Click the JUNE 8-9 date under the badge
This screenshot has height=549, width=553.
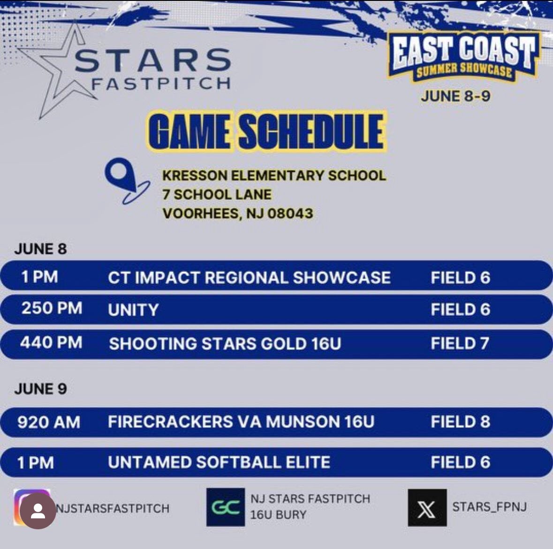pos(455,96)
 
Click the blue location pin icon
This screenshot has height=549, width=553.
pos(123,179)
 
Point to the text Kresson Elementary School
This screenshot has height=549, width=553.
pos(274,176)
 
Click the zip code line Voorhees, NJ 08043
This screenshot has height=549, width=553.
pos(237,213)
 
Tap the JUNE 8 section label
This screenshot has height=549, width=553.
pos(40,249)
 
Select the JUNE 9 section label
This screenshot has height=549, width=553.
pos(40,389)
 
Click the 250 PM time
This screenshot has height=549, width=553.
pos(52,309)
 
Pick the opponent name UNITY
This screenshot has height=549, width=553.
pos(133,310)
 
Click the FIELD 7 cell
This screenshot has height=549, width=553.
pos(460,344)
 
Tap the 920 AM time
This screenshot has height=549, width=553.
pos(49,422)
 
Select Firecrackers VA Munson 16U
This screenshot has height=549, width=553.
pos(241,422)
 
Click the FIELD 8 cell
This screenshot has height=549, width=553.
pos(460,422)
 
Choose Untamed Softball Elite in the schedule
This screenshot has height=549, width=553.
pos(219,463)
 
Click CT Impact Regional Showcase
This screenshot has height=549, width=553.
pos(249,278)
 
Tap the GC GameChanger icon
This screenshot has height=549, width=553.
pos(226,507)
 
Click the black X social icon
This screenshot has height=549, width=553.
pos(427,508)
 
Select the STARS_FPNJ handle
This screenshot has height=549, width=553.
pos(489,507)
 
